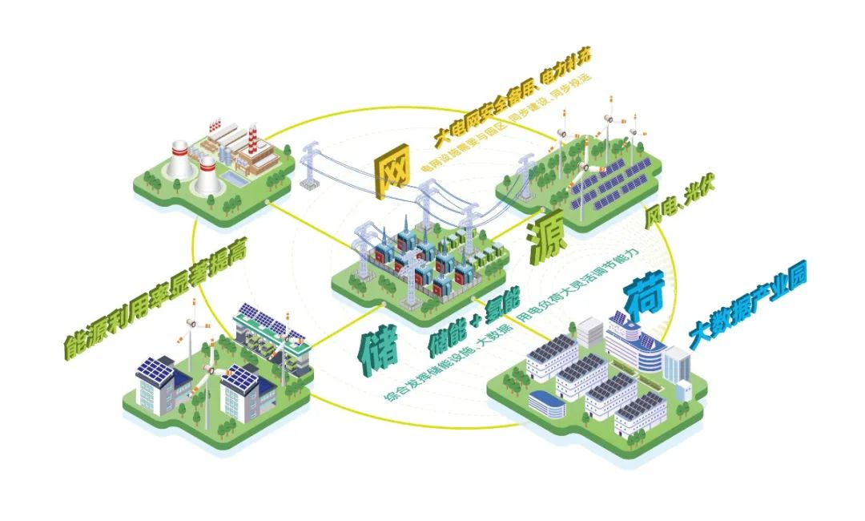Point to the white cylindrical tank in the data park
684,390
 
